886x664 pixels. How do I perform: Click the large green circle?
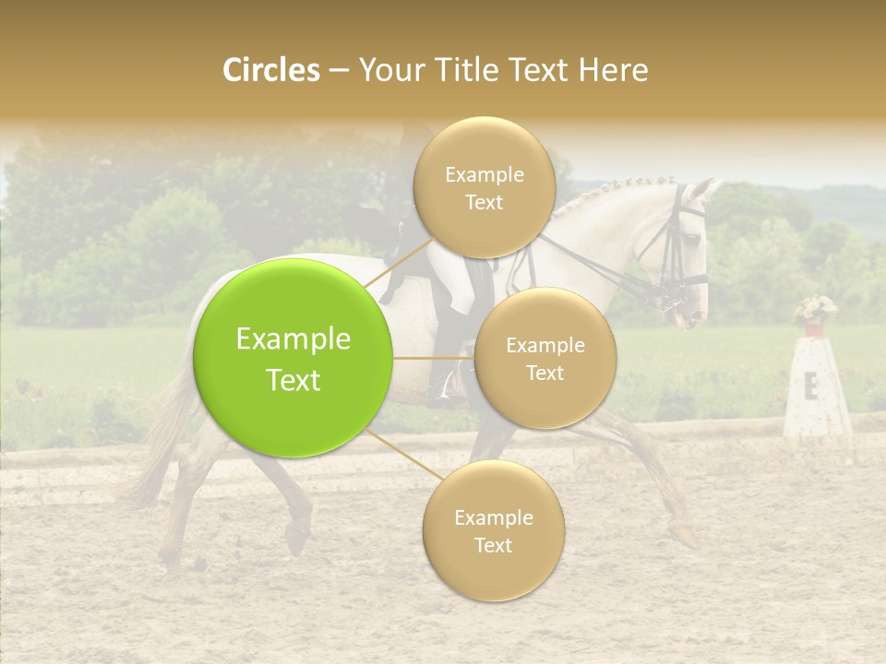[x=293, y=358]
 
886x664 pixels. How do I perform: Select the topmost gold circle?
[x=484, y=187]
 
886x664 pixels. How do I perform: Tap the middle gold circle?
[x=545, y=358]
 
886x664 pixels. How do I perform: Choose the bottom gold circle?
[x=493, y=530]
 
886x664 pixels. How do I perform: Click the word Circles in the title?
[x=271, y=70]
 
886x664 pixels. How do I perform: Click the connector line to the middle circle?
[x=434, y=358]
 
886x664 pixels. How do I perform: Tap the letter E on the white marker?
[x=810, y=387]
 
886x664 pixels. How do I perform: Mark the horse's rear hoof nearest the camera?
[x=297, y=539]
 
